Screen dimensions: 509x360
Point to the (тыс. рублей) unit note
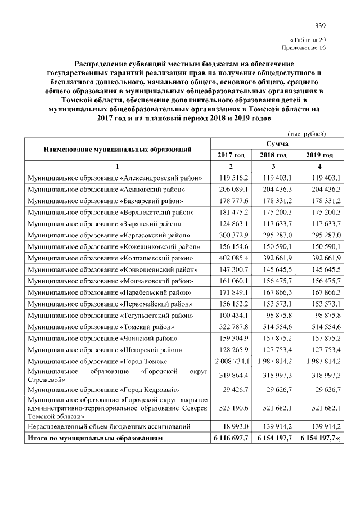pyautogui.click(x=307, y=134)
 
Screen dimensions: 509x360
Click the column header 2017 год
pyautogui.click(x=231, y=155)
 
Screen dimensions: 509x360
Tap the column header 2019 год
pyautogui.click(x=318, y=155)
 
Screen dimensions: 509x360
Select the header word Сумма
pyautogui.click(x=275, y=145)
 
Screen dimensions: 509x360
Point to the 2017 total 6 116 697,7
pyautogui.click(x=230, y=438)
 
